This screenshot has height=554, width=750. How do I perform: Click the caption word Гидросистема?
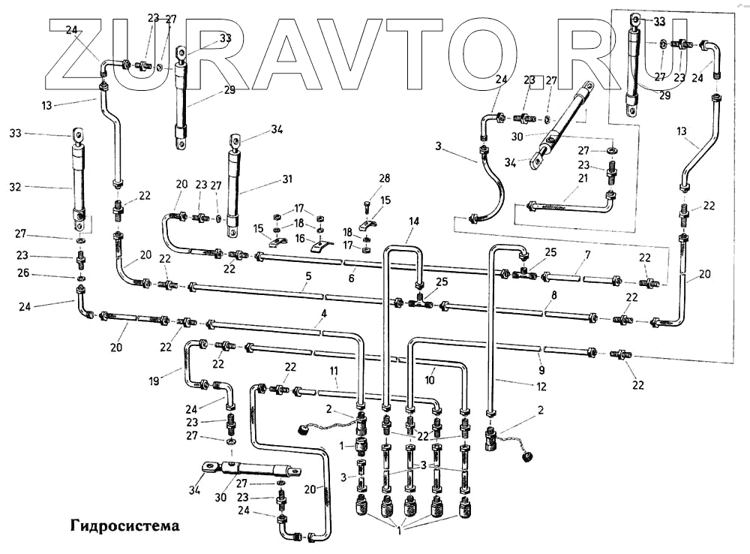click(125, 525)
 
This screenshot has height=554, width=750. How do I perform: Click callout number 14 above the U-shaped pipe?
click(414, 221)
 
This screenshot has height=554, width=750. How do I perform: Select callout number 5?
click(308, 276)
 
